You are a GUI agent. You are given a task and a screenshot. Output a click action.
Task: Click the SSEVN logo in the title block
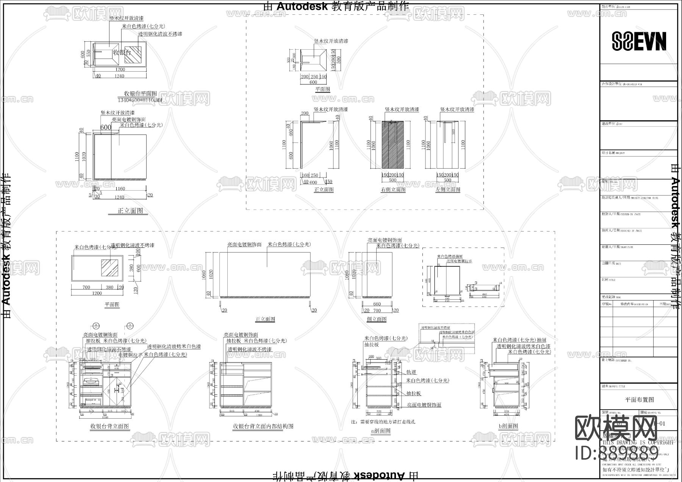pyautogui.click(x=639, y=41)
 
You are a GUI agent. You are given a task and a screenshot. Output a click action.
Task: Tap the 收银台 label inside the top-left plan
pyautogui.click(x=122, y=52)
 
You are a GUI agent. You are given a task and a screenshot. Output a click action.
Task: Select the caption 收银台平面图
pyautogui.click(x=141, y=94)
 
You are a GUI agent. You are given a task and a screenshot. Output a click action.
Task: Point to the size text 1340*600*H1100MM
pyautogui.click(x=140, y=100)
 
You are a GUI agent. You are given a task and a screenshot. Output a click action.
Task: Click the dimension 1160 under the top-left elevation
pyautogui.click(x=120, y=188)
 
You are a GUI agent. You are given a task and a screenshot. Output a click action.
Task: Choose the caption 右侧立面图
pyautogui.click(x=393, y=189)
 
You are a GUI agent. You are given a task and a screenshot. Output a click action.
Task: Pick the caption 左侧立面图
pyautogui.click(x=448, y=189)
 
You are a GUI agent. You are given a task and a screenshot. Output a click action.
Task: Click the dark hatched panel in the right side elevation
pyautogui.click(x=393, y=144)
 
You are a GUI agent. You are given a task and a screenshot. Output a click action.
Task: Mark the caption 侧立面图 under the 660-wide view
pyautogui.click(x=377, y=319)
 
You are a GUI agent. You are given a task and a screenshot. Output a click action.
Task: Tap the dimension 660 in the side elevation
pyautogui.click(x=377, y=304)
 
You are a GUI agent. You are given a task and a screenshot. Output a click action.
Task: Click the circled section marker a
pyautogui.click(x=96, y=325)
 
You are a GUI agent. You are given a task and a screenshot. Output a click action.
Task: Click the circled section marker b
pyautogui.click(x=130, y=325)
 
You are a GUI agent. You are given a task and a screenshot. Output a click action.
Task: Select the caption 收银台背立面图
pyautogui.click(x=109, y=426)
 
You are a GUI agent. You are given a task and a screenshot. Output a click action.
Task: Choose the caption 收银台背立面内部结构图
pyautogui.click(x=263, y=426)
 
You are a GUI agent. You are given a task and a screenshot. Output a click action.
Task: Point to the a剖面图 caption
pyautogui.click(x=380, y=430)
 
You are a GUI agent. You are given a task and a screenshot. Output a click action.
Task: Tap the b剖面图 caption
pyautogui.click(x=508, y=426)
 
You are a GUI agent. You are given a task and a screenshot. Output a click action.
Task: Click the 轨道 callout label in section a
pyautogui.click(x=411, y=372)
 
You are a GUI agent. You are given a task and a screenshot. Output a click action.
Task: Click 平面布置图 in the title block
pyautogui.click(x=639, y=399)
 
